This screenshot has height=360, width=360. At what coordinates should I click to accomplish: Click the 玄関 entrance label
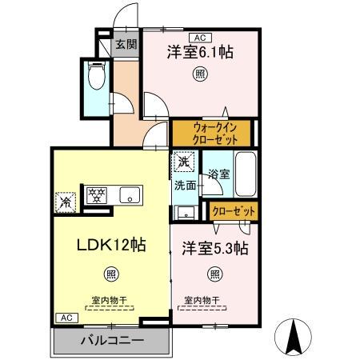125,46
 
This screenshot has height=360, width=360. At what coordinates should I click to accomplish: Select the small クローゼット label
234,210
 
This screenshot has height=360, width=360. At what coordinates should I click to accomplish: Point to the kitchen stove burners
97,194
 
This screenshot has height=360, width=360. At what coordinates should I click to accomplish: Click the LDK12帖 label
111,244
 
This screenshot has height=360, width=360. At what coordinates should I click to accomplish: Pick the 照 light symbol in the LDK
111,274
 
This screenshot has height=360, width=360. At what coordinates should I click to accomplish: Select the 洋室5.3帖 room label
214,246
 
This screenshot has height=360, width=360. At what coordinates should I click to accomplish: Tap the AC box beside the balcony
62,318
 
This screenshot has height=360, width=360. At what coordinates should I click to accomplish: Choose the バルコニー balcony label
112,340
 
